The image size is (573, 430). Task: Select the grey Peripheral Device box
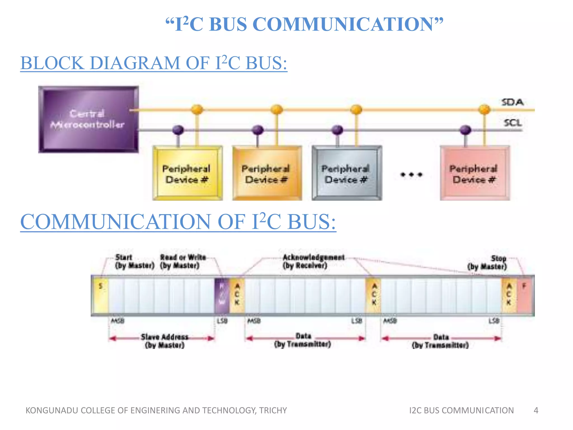pyautogui.click(x=347, y=173)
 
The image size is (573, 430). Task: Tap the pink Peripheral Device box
pyautogui.click(x=475, y=173)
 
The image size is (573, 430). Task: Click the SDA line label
pyautogui.click(x=512, y=102)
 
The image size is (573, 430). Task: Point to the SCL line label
pyautogui.click(x=513, y=123)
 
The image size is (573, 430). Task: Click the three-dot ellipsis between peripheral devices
pyautogui.click(x=411, y=175)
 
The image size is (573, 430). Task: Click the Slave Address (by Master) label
pyautogui.click(x=165, y=341)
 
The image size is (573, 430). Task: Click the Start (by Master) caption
pyautogui.click(x=134, y=261)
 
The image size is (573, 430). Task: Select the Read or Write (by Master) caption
pyautogui.click(x=183, y=261)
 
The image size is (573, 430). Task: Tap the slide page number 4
pyautogui.click(x=536, y=410)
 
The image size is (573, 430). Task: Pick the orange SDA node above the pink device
pyautogui.click(x=484, y=109)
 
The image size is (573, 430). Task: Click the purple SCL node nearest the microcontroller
pyautogui.click(x=178, y=130)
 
